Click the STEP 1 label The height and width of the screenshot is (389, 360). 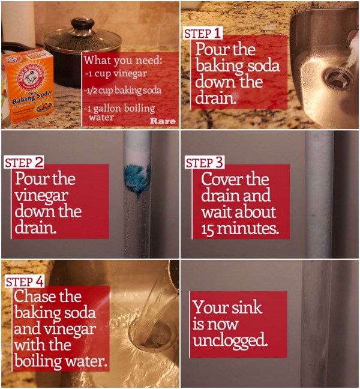[202, 34]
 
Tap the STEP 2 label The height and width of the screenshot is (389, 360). [24, 163]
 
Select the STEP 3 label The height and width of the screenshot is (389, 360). [204, 163]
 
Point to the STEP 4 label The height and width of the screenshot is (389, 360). [25, 282]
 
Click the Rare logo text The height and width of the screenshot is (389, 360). [163, 121]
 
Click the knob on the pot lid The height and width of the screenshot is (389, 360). [81, 23]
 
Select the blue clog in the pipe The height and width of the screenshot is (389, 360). [137, 181]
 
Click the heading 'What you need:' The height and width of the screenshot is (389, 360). [123, 60]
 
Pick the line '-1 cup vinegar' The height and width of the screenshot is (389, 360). [116, 74]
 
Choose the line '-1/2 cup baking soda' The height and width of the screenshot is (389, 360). [122, 90]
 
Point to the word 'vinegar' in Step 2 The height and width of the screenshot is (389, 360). [41, 196]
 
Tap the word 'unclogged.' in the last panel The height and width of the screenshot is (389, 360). [230, 340]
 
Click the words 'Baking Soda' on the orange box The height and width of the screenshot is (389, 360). [32, 97]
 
